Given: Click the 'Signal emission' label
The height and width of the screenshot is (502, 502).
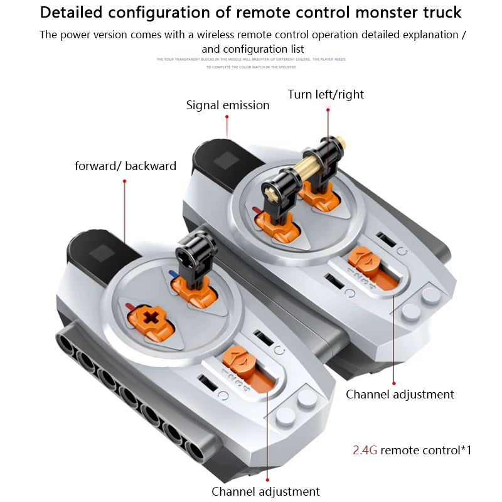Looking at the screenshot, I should point(227,105).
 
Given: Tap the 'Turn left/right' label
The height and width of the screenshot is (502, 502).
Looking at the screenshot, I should point(326,95).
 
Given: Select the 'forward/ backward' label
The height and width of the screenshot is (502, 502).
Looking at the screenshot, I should point(125,166).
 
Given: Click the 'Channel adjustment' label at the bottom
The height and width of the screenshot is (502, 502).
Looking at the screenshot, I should point(265,491).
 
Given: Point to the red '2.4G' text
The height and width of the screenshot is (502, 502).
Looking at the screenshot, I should point(365,450).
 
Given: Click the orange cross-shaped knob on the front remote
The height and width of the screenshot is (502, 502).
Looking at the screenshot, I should point(152,317).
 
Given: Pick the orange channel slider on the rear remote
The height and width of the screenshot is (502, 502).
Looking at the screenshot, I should point(363,259).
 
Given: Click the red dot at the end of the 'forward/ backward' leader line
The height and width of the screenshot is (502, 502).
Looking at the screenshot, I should point(125,181).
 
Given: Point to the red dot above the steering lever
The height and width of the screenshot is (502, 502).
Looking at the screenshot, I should point(328,110).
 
